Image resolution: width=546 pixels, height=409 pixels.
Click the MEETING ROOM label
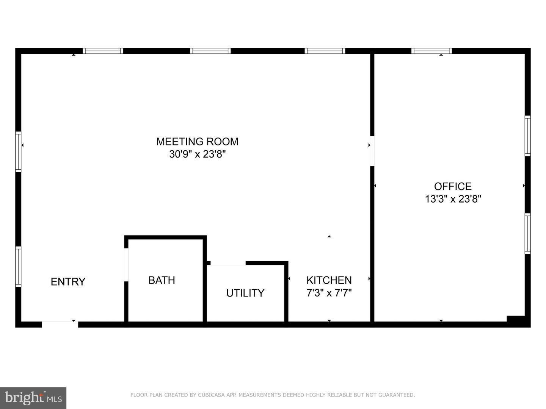click(197, 142)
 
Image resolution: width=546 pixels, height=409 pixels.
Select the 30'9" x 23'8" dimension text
click(197, 154)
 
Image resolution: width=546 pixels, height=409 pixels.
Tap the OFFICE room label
click(453, 186)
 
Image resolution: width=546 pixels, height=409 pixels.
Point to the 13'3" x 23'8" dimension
click(453, 199)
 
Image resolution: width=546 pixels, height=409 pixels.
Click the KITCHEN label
click(329, 280)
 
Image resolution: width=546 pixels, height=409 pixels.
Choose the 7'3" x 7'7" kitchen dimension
click(329, 293)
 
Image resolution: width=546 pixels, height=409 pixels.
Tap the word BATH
click(162, 280)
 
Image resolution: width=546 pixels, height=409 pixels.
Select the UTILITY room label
click(245, 293)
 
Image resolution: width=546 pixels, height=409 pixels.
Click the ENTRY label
click(68, 282)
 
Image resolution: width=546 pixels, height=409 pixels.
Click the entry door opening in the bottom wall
click(60, 324)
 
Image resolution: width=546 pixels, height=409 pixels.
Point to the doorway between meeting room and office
click(372, 151)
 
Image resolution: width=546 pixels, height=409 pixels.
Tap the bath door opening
click(126, 265)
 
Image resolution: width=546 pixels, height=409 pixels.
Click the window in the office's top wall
click(431, 51)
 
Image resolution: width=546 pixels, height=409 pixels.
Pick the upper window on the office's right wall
click(527, 136)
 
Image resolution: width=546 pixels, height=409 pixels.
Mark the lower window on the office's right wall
click(527, 234)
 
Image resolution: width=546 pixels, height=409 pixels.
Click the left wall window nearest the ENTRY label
click(19, 267)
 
